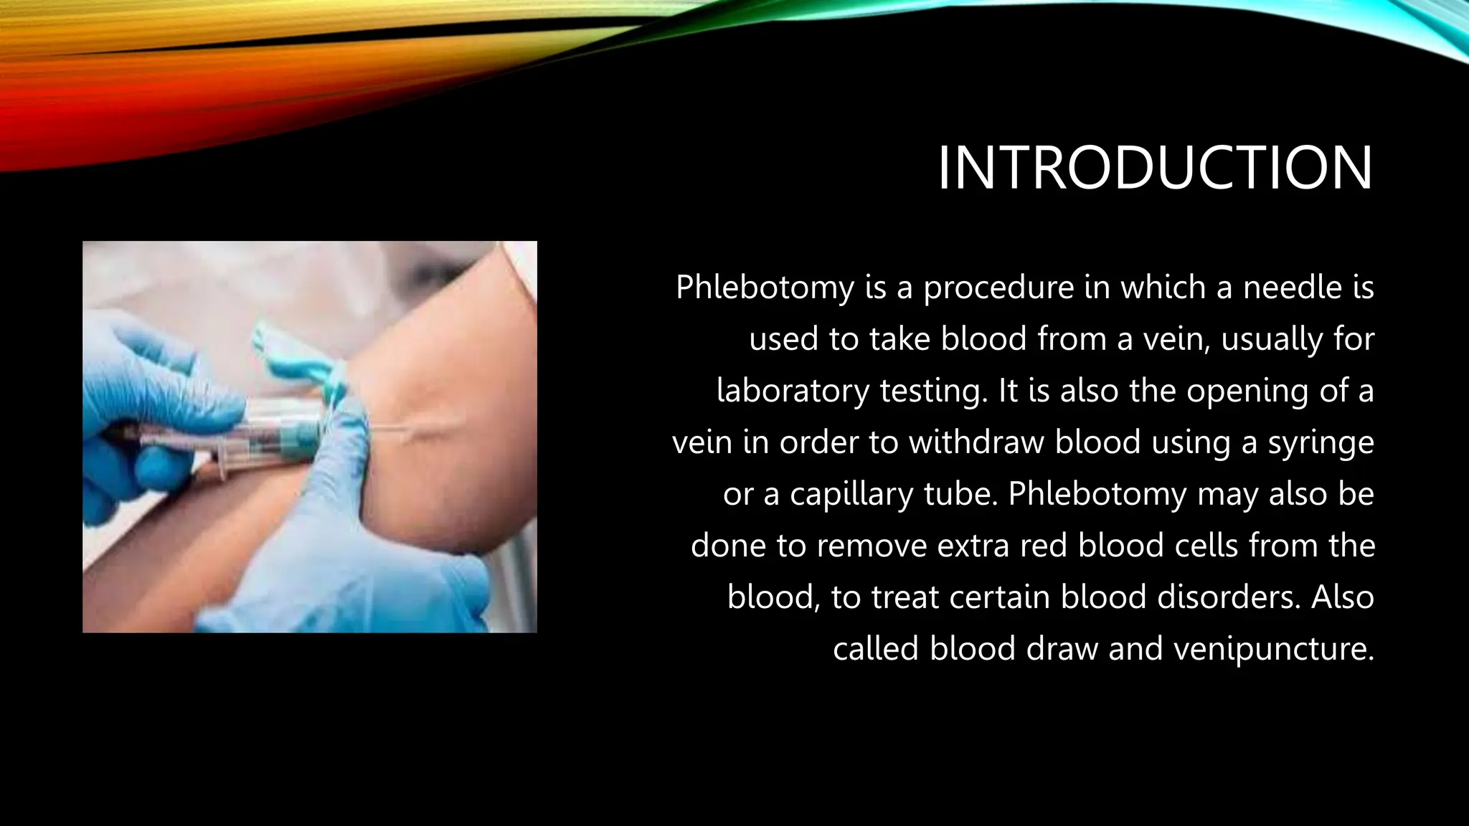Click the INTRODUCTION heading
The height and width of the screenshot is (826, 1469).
point(1155,168)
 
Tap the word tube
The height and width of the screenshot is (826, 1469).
point(960,494)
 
